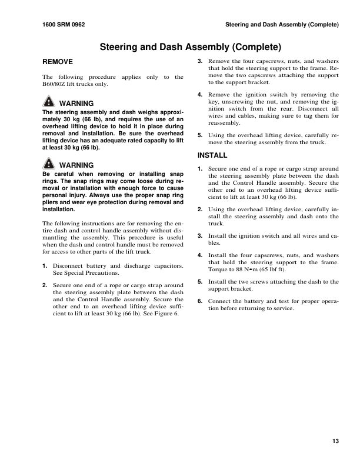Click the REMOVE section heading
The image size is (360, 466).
point(58,61)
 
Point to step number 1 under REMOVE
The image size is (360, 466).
point(45,266)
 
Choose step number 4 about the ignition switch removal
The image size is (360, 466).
point(200,94)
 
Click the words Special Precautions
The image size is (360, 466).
point(88,274)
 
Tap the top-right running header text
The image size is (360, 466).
point(282,25)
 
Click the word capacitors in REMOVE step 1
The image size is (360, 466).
point(166,266)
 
